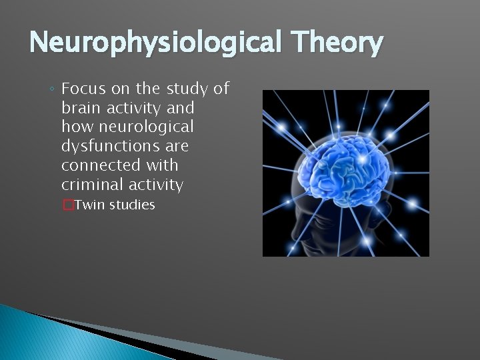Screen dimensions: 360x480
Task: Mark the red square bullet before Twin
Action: point(67,205)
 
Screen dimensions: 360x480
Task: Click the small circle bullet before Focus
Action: point(52,89)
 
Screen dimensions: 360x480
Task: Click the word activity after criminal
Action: point(154,184)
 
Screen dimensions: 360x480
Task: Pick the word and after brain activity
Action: point(179,107)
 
